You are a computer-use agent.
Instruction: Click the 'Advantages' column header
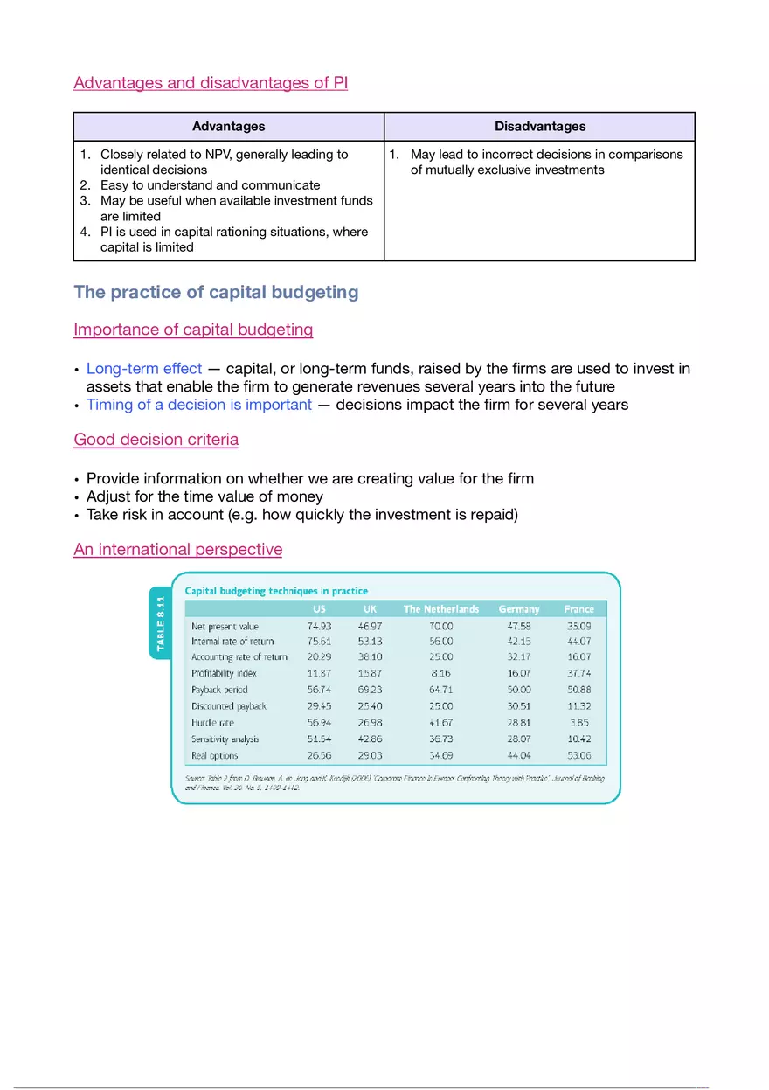point(228,127)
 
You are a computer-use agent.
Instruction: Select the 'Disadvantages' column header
point(539,127)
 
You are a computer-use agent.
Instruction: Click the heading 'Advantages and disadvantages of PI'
point(211,83)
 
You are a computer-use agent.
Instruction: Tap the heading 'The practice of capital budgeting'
point(216,292)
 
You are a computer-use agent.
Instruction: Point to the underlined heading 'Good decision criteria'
point(156,440)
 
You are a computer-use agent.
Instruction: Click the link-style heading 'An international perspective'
point(177,550)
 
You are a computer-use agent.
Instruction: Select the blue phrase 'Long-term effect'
point(143,369)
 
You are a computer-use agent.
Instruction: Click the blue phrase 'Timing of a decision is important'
point(198,405)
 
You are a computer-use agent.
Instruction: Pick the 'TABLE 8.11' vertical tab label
point(160,621)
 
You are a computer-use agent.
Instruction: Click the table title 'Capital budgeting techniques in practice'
point(276,591)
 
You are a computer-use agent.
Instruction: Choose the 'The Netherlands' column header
point(440,609)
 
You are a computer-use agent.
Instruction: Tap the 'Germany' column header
point(519,609)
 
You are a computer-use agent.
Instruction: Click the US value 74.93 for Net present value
point(319,626)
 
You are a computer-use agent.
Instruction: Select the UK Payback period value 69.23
point(371,691)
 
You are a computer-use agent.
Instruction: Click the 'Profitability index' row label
point(224,674)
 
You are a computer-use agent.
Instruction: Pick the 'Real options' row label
point(214,755)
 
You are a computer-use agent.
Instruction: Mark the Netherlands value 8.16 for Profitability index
point(440,674)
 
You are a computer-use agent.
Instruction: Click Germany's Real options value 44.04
point(519,755)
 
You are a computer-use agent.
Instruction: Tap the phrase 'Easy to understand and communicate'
point(210,185)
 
